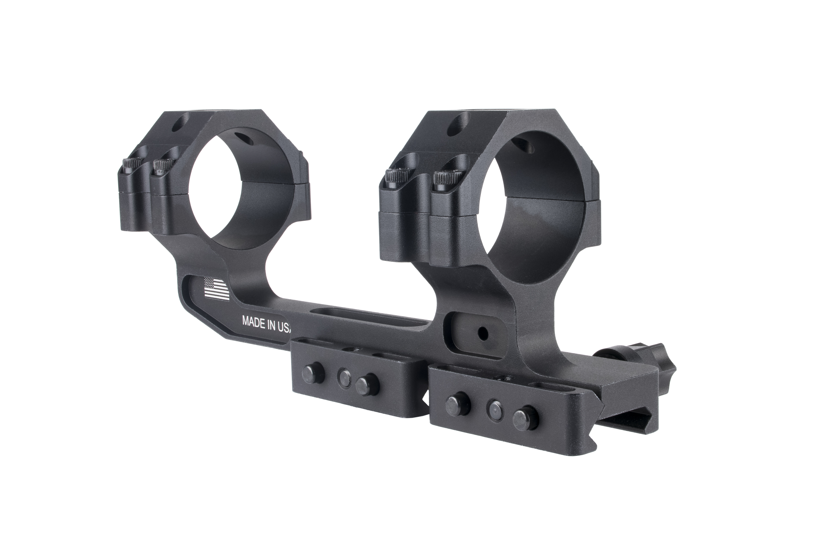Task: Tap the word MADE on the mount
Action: (x=253, y=321)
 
